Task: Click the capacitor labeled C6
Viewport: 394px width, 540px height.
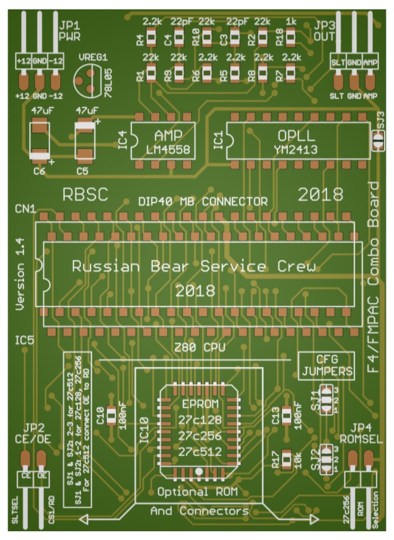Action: (40, 140)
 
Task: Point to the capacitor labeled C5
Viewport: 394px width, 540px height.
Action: (85, 140)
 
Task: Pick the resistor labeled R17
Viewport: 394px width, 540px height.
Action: (287, 459)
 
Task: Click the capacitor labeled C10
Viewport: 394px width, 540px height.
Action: (111, 415)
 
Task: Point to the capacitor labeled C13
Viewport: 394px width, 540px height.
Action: (286, 415)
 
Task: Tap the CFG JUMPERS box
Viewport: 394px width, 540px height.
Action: (326, 364)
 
